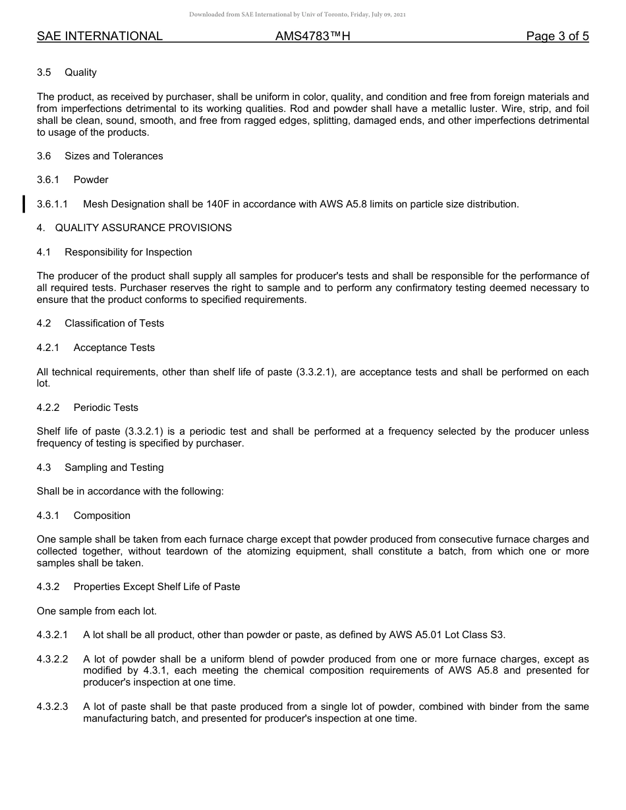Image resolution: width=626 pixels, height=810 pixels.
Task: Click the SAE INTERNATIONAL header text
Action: (100, 36)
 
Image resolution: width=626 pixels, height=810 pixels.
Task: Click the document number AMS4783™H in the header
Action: (312, 36)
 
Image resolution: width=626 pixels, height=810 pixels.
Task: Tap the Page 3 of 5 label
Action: (557, 36)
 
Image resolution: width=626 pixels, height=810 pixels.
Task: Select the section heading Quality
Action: (80, 72)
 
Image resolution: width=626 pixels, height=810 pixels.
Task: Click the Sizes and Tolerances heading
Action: (113, 156)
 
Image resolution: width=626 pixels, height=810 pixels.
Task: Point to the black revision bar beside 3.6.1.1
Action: (24, 204)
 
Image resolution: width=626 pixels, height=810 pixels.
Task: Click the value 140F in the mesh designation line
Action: (219, 204)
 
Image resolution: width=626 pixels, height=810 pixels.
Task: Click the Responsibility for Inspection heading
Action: (128, 252)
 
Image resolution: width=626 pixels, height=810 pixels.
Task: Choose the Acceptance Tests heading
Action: (114, 348)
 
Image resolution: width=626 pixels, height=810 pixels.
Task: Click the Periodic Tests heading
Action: (105, 408)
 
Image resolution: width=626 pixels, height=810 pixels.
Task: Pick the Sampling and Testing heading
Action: (113, 468)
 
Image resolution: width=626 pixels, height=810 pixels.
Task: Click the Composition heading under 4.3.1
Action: (101, 516)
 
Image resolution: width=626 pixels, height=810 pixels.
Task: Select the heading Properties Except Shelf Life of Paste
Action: (156, 587)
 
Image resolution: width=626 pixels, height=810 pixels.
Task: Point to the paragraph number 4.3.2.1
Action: (53, 635)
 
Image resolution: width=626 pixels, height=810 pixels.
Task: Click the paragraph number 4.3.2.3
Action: (53, 707)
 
